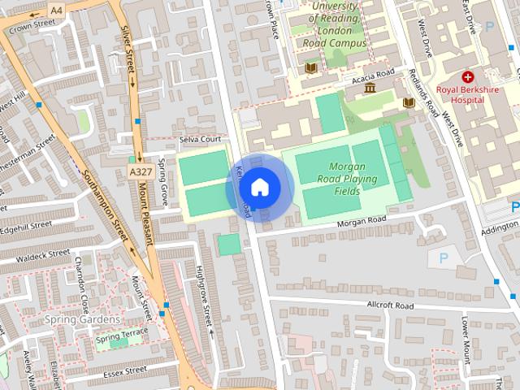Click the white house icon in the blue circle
tap(258, 188)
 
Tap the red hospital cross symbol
tap(468, 76)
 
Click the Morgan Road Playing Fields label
tap(358, 179)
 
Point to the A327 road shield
tap(139, 171)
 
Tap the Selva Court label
tap(200, 140)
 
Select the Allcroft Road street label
tap(390, 305)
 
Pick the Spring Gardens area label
tap(83, 319)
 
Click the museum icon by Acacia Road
tap(370, 87)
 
